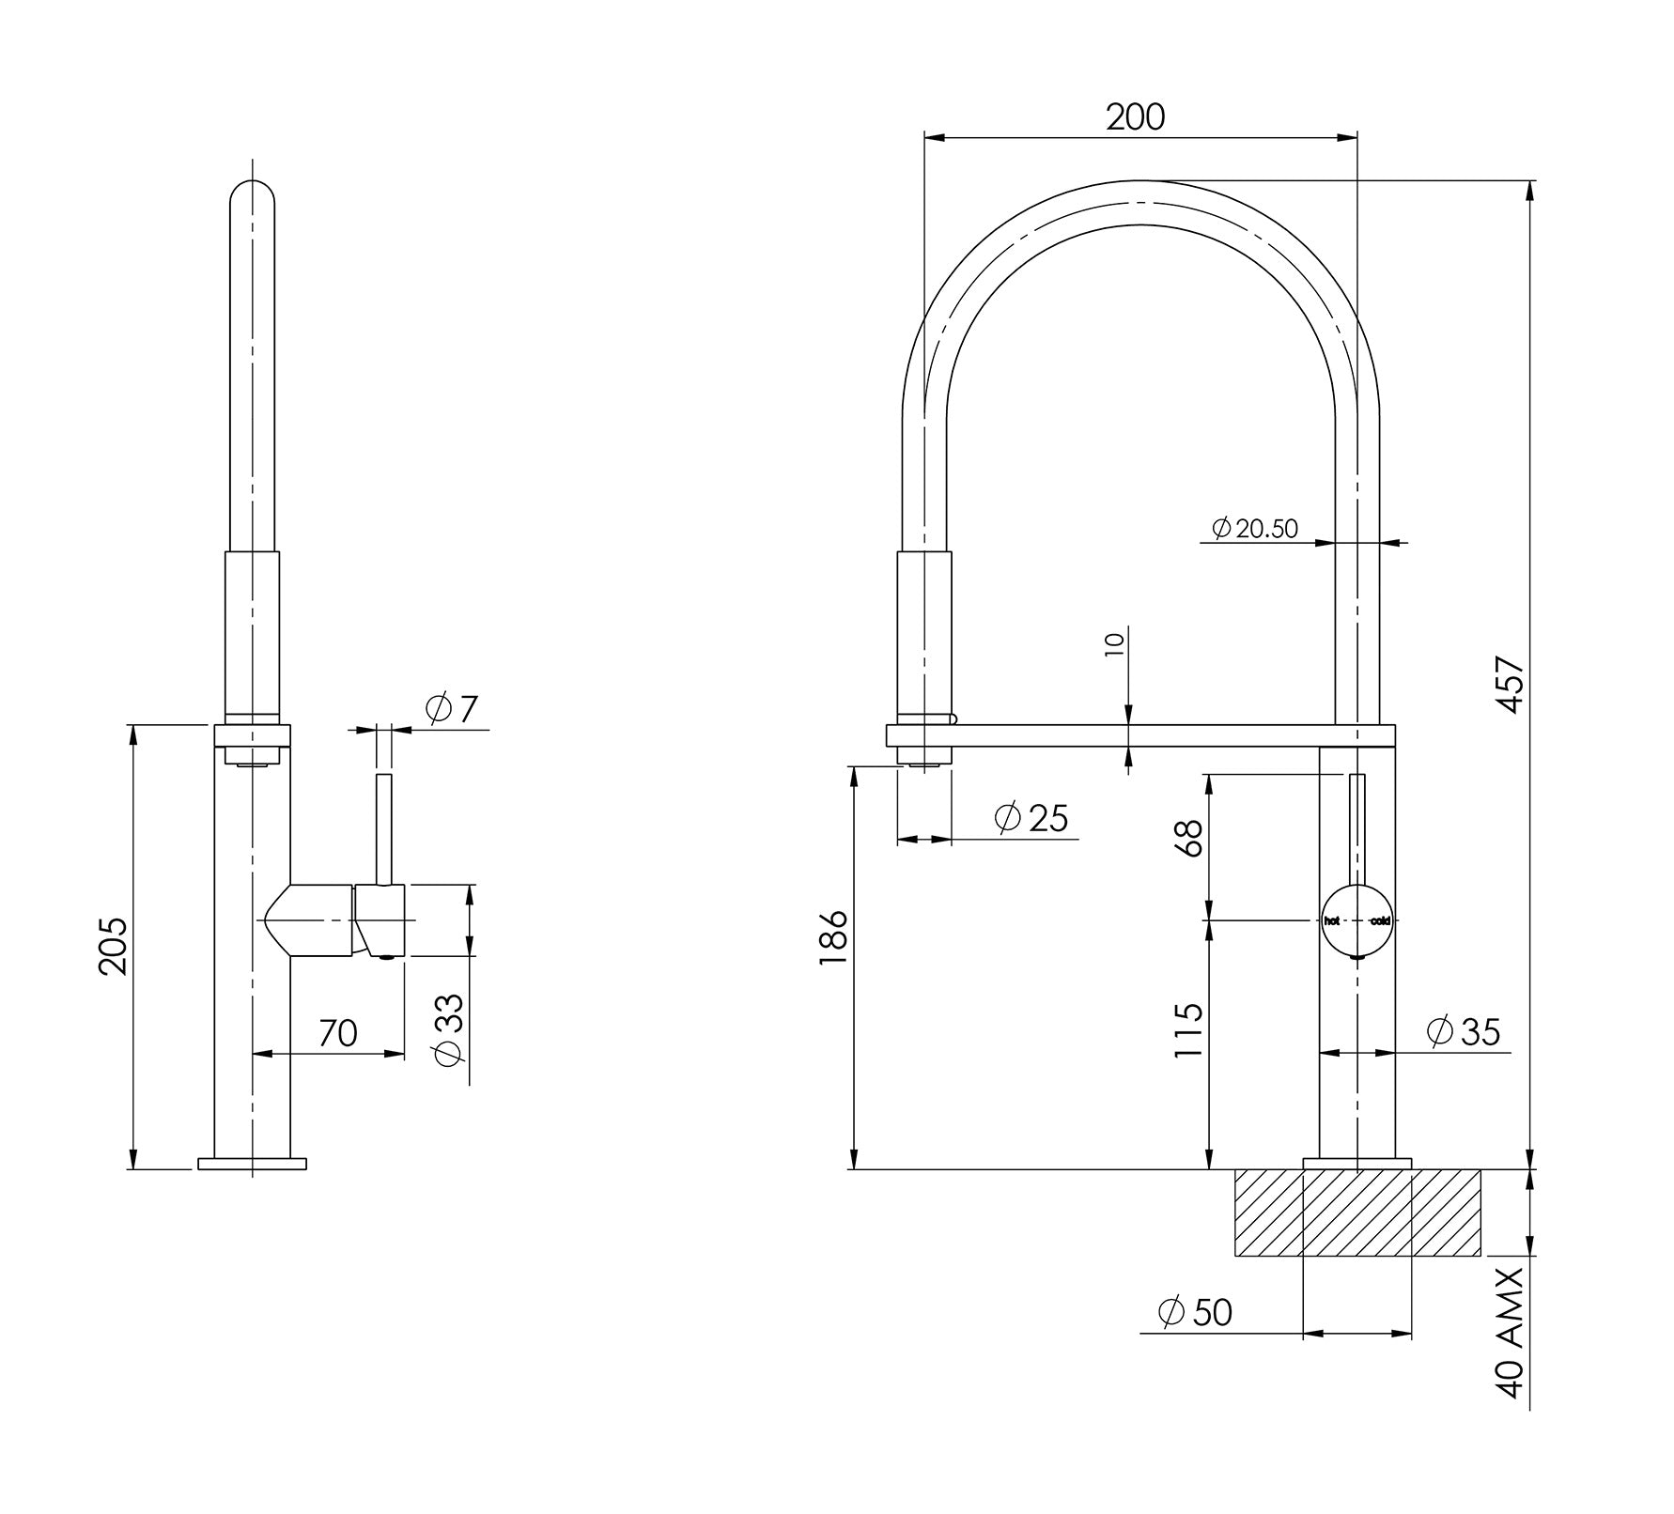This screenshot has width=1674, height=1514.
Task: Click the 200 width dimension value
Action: (x=1135, y=117)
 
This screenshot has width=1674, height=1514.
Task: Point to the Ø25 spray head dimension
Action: (x=1031, y=818)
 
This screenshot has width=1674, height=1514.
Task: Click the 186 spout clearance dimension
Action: (x=832, y=940)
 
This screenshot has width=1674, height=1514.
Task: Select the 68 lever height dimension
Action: (x=1188, y=839)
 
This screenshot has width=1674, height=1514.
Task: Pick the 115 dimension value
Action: (x=1188, y=1030)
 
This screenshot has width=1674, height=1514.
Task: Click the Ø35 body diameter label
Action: (x=1463, y=1031)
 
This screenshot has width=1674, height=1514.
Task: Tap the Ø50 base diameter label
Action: (x=1195, y=1312)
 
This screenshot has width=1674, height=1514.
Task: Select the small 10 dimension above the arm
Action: (x=1115, y=645)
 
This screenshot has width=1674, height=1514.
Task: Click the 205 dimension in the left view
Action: (x=115, y=946)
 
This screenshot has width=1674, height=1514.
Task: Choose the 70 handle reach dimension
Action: (x=338, y=1033)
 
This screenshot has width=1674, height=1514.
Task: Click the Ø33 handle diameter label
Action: (x=450, y=1029)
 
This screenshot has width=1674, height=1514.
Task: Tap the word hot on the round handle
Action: (x=1331, y=921)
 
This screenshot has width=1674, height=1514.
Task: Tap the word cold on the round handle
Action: (x=1380, y=921)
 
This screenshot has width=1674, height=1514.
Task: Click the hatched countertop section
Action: (x=1356, y=1213)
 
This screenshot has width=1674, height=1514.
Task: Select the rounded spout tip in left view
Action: (x=253, y=202)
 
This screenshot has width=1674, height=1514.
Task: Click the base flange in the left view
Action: (x=253, y=1165)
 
